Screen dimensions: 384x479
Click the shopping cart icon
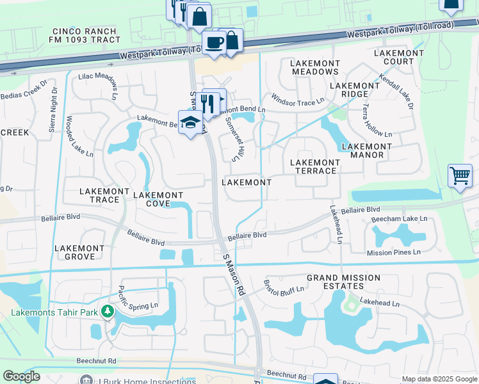pos(460,175)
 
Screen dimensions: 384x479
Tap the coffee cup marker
pos(213,42)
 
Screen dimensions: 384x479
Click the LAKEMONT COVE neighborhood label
pos(158,199)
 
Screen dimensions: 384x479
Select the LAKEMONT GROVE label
pos(79,252)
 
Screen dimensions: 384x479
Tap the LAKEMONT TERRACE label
pos(314,166)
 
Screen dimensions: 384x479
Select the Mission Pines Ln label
pos(393,253)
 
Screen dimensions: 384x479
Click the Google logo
pos(21,376)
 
